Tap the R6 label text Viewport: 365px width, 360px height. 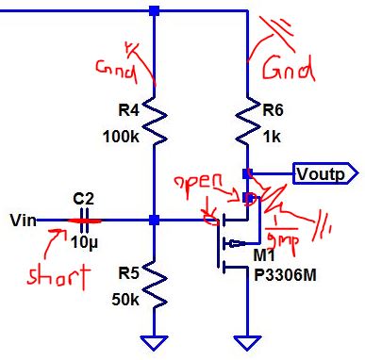[274, 108]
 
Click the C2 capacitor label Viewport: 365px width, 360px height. [84, 199]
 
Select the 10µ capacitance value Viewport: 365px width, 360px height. [85, 242]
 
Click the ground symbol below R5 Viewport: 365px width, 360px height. [154, 341]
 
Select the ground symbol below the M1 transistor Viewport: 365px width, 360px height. [246, 341]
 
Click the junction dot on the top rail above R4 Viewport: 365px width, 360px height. [154, 11]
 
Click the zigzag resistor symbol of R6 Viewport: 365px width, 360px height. [246, 120]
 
